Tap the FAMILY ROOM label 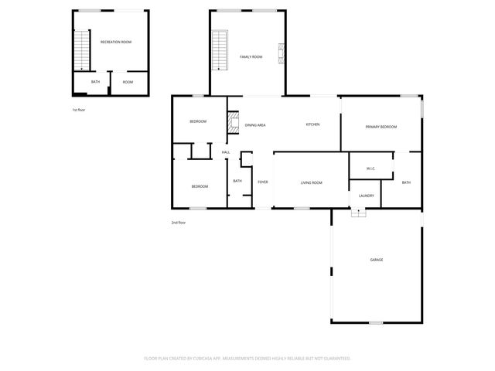tap(251, 56)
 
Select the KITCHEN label tap(312, 124)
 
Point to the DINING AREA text tap(256, 124)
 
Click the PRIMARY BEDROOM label tap(381, 126)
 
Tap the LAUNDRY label tap(367, 196)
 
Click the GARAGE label tap(377, 260)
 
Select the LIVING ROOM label tap(311, 182)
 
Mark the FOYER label tap(263, 182)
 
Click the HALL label tap(226, 152)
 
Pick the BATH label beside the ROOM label tap(95, 82)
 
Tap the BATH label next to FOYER tap(237, 182)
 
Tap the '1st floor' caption tap(78, 110)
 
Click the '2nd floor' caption tap(178, 223)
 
